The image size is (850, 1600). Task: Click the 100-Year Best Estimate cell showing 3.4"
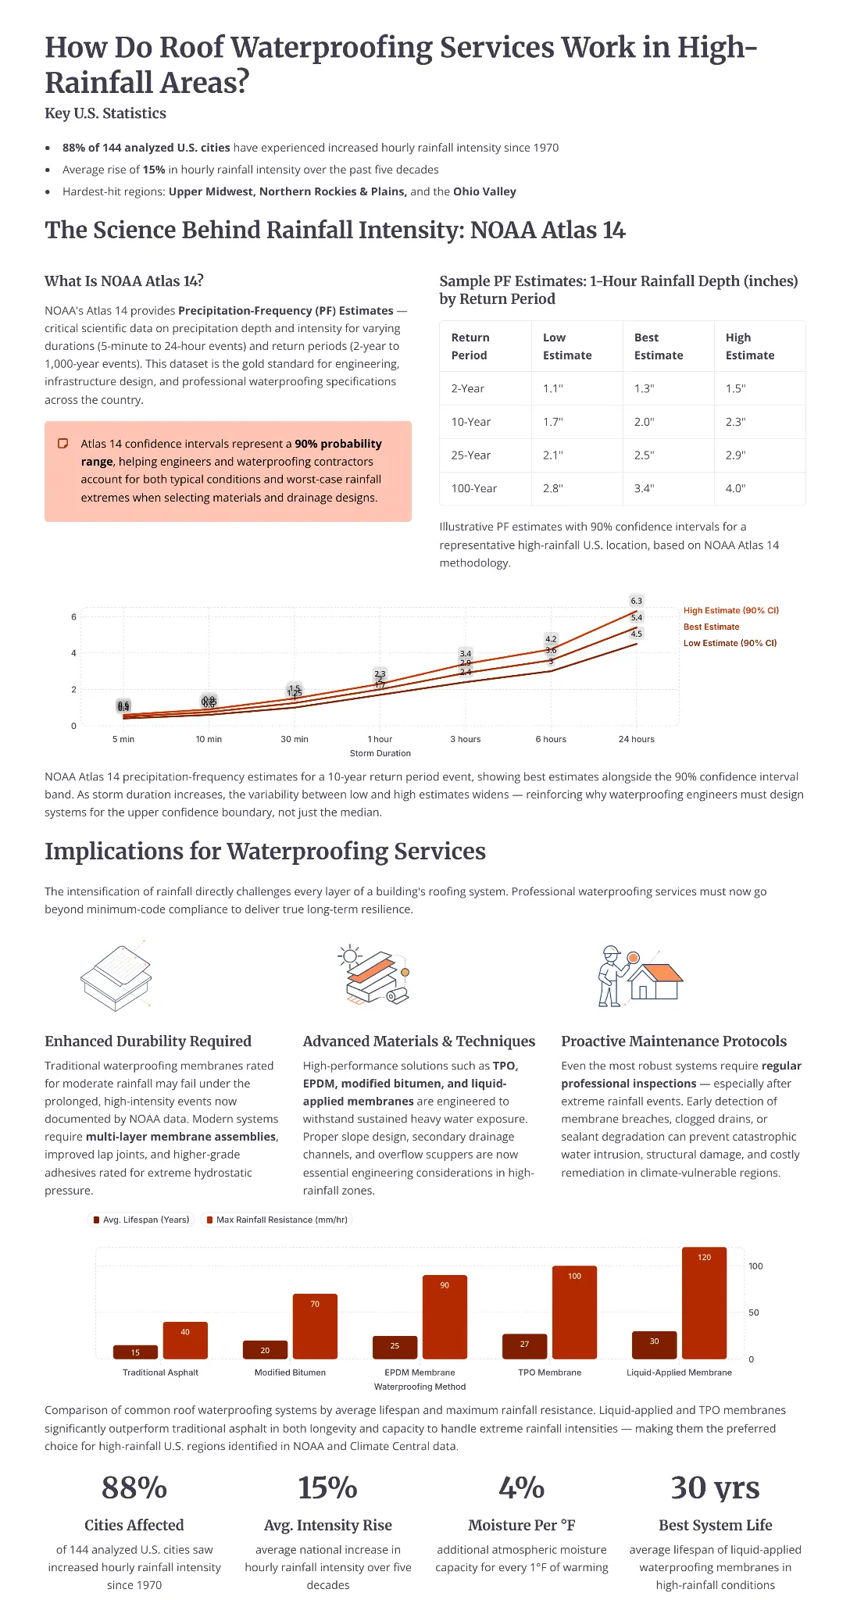coord(644,488)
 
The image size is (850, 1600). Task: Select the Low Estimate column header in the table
coord(566,346)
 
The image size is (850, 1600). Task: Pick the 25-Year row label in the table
coord(470,455)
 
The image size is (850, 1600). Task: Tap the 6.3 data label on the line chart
coord(636,601)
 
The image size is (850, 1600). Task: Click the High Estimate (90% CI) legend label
coord(730,610)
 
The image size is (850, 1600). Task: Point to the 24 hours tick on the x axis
coord(636,739)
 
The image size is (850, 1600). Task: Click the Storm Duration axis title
coord(380,753)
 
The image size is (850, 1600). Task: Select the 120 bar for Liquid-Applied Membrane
coord(704,1303)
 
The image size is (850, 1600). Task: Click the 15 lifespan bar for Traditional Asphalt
coord(135,1352)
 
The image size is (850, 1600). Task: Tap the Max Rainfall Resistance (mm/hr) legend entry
coord(277,1220)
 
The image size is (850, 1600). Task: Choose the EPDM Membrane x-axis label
coord(420,1372)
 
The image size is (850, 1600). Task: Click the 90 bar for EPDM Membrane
coord(445,1317)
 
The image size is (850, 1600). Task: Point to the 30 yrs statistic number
coord(715,1487)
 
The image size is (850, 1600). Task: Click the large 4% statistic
coord(521,1487)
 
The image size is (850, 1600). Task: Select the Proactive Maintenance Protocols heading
coord(673,1041)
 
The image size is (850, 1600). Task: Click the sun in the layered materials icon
coord(349,955)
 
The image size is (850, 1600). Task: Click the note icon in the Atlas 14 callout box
coord(63,444)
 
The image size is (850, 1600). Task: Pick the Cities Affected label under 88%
coord(134,1525)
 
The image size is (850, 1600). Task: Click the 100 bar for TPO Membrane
coord(574,1312)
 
